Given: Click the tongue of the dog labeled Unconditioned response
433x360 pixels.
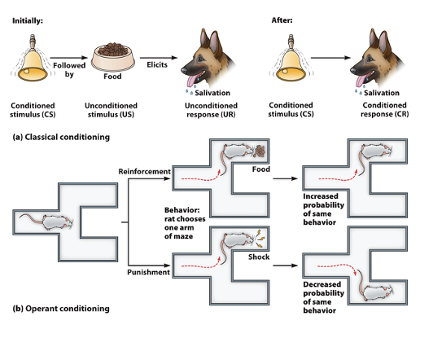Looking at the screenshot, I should (193, 79).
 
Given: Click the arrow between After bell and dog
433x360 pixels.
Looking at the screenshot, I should (328, 59).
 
